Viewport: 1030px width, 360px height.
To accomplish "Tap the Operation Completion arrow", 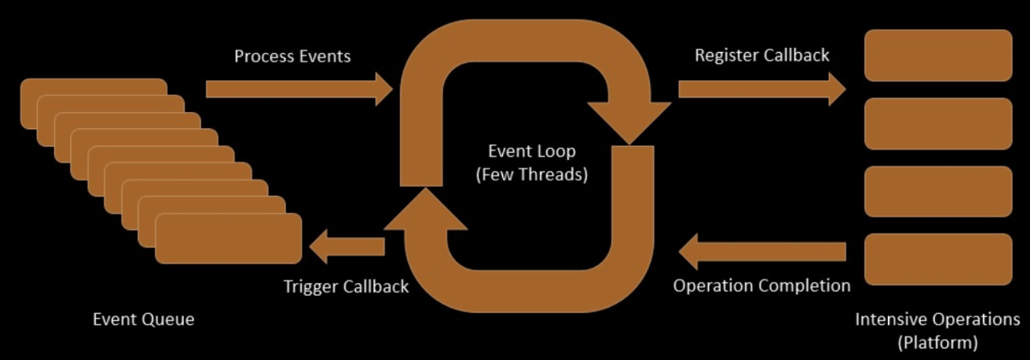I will (761, 251).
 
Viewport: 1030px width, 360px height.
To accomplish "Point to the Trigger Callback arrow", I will (346, 247).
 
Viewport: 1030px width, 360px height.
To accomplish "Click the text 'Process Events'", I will (293, 56).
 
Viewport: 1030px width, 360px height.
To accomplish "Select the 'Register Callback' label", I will (761, 56).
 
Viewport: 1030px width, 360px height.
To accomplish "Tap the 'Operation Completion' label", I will (761, 286).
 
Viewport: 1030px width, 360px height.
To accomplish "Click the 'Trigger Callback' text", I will (346, 287).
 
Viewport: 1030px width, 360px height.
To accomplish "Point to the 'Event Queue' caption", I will (143, 320).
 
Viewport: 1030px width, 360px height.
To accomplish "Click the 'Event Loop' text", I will (531, 151).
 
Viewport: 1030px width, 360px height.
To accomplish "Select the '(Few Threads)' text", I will (531, 174).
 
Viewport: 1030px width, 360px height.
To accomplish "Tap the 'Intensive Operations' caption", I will (938, 320).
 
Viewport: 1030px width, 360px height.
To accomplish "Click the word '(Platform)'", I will (938, 343).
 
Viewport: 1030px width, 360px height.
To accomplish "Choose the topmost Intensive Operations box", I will (938, 55).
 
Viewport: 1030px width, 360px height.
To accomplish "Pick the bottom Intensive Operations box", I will (938, 259).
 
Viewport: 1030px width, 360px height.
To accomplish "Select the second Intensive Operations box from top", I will (938, 123).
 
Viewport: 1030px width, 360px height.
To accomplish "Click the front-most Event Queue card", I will (228, 238).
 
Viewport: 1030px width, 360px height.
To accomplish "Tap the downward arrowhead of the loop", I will (630, 120).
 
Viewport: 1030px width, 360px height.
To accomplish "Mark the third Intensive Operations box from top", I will (938, 192).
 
